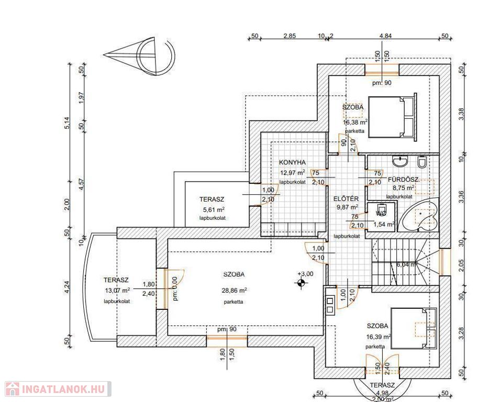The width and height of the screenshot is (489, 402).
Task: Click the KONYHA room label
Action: tap(292, 162)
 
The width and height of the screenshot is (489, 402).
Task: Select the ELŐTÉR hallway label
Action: tap(346, 198)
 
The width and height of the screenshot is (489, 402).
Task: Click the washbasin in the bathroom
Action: tap(401, 160)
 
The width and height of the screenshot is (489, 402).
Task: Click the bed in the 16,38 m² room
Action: tap(392, 117)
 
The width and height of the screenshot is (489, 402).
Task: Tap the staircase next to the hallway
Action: tap(401, 265)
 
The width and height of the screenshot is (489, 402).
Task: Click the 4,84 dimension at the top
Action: tap(385, 36)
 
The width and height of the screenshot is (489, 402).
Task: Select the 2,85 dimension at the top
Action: tap(290, 36)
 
